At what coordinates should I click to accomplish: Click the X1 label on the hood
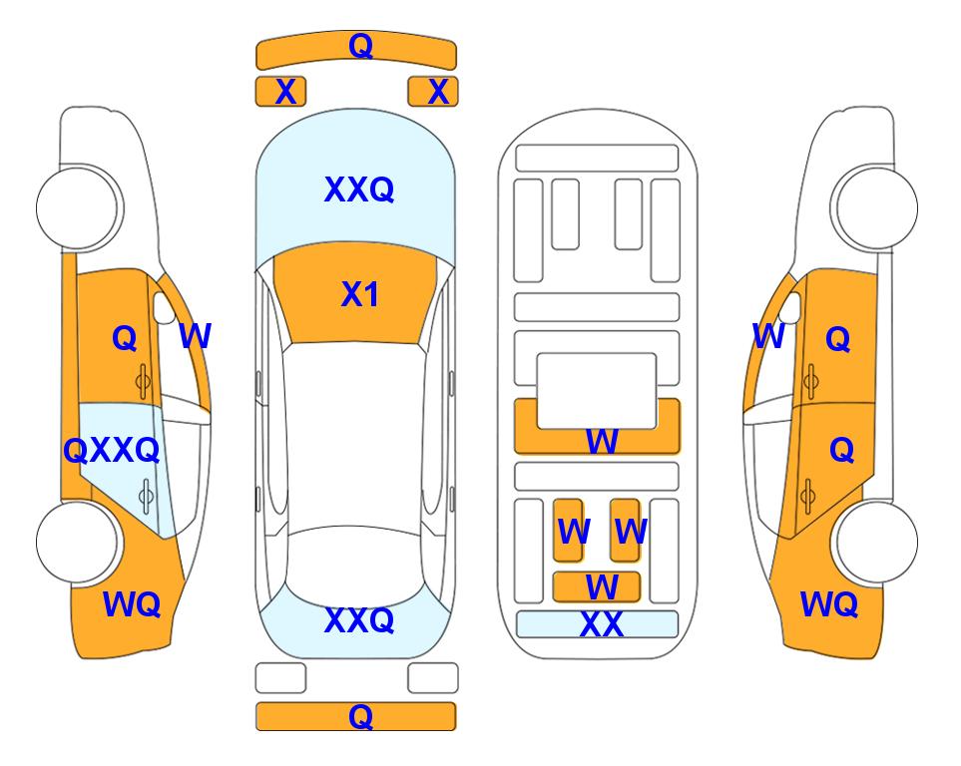pos(360,294)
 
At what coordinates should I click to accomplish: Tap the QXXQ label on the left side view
pos(112,451)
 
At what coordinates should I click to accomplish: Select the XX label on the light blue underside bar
pos(601,624)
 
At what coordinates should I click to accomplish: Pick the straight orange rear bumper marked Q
pos(356,716)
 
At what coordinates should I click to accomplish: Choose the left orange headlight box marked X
pos(280,92)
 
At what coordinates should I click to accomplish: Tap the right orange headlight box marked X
pos(433,92)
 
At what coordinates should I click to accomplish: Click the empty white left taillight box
pos(280,678)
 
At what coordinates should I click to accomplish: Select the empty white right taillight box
pos(433,678)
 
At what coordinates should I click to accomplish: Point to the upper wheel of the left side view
pos(78,207)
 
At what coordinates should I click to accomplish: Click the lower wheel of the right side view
pos(876,542)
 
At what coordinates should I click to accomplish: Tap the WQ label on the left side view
pos(132,604)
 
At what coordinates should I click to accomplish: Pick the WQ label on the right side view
pos(829,604)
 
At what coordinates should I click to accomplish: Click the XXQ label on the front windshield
pos(359,190)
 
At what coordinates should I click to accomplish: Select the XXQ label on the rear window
pos(359,620)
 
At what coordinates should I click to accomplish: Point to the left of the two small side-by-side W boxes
pos(568,530)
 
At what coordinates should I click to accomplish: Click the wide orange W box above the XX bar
pos(597,587)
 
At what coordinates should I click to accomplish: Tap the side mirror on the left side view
pos(165,307)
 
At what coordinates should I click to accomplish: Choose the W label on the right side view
pos(768,336)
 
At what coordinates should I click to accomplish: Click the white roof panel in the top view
pos(355,436)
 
